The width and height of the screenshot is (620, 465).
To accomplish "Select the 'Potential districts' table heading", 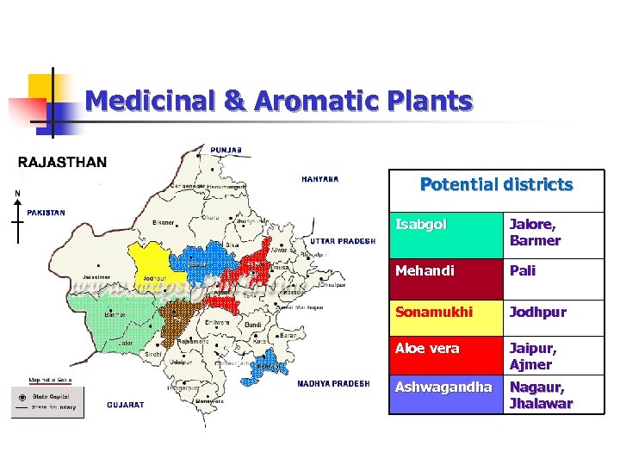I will tap(496, 184).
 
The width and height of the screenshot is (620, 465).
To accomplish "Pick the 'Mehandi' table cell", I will tap(445, 270).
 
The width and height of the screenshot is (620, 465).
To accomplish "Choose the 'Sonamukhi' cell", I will tap(445, 312).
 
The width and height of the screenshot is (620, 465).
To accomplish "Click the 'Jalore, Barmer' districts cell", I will tap(553, 233).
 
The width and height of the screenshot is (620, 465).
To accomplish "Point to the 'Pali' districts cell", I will tap(553, 270).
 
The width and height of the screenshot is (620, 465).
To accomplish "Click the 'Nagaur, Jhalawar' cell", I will tap(553, 394).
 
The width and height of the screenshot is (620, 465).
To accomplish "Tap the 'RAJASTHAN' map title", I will tap(62, 162).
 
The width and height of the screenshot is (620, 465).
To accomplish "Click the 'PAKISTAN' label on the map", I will tap(46, 212).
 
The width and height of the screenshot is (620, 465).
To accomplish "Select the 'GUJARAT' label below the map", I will tap(126, 404).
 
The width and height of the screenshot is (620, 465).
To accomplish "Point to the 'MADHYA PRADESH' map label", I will tap(334, 383).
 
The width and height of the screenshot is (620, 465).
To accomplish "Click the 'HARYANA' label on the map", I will tap(319, 179).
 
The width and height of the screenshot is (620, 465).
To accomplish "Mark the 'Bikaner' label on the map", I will tap(164, 222).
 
